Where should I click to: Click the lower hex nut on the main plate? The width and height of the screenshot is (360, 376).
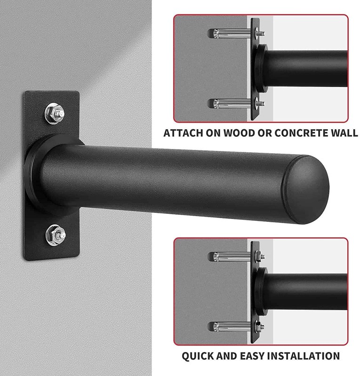(x=56, y=235)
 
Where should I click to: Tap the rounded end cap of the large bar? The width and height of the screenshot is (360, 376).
(x=305, y=189)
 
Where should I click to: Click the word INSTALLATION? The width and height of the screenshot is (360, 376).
(x=304, y=356)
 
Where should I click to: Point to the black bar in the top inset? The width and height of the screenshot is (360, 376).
(x=305, y=68)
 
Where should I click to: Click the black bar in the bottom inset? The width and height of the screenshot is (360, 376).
(x=305, y=291)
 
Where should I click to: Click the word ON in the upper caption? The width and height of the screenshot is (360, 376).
(x=213, y=133)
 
